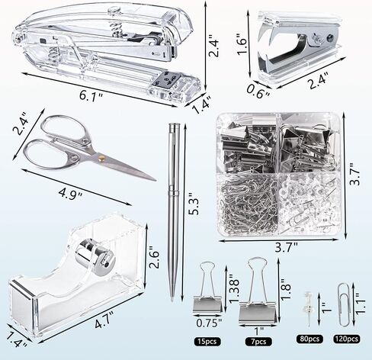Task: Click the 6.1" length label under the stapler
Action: [x=91, y=96]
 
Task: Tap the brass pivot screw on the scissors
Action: [x=102, y=159]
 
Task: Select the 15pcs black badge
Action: [x=207, y=341]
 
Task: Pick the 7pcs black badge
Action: [x=258, y=341]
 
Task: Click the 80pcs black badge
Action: [x=309, y=339]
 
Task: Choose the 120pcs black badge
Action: [x=347, y=339]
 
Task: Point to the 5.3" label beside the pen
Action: [x=194, y=207]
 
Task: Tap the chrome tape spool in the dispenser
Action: [x=95, y=257]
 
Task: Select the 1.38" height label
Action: [x=234, y=288]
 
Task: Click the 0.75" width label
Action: [x=209, y=323]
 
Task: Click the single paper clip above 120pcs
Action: [x=343, y=304]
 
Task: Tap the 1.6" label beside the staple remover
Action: [x=242, y=43]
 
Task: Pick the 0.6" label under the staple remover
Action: [x=258, y=92]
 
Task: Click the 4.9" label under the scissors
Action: [x=70, y=194]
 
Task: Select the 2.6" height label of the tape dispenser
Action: [x=154, y=257]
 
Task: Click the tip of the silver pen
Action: [x=172, y=300]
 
